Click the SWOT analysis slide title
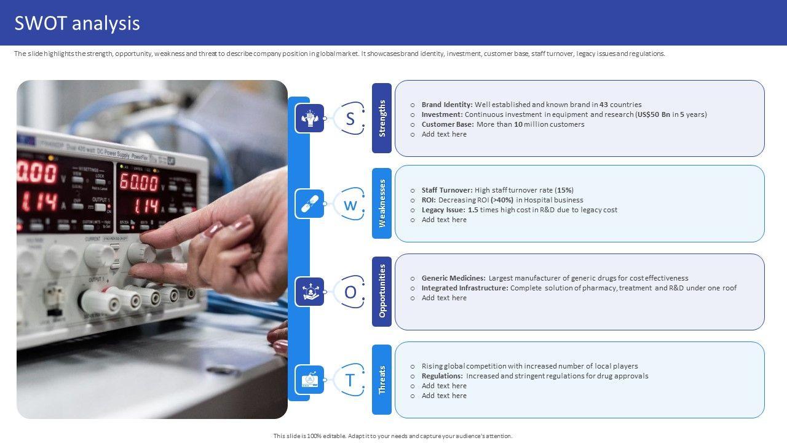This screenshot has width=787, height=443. (77, 23)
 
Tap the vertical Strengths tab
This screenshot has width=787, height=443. (382, 118)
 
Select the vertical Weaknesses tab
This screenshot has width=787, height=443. (382, 203)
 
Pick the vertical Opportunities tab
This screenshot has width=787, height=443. (382, 291)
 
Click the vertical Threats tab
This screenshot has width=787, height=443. (382, 380)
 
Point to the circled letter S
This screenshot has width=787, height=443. (350, 119)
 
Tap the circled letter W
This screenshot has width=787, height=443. (350, 204)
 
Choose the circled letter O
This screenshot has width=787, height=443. (350, 292)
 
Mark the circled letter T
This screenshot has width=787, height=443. (350, 380)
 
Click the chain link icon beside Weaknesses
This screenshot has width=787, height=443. (309, 204)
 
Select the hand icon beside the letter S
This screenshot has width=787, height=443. (309, 118)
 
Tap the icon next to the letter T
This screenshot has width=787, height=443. (309, 380)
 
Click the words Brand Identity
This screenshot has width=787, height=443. (447, 105)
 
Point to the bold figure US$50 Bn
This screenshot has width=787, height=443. (654, 114)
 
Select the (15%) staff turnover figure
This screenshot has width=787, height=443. (564, 190)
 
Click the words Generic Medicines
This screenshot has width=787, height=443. (454, 277)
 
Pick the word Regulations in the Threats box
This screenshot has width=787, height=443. (442, 376)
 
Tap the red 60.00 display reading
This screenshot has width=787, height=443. (139, 182)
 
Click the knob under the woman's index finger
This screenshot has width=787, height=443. (141, 252)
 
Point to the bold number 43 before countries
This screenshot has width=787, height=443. (604, 105)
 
